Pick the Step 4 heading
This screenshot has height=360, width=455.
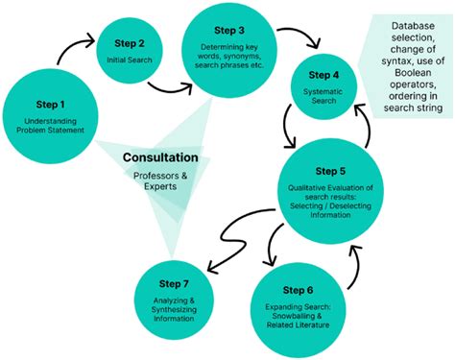coord(322,74)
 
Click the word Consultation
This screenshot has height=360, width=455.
coord(160,156)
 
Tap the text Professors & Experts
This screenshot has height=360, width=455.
coord(160,182)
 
